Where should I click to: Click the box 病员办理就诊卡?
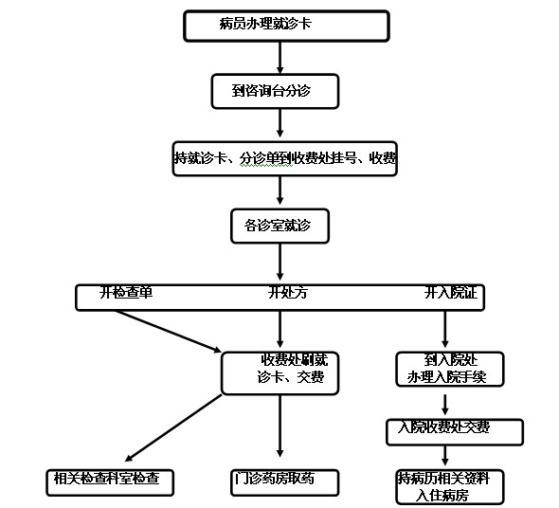coord(286,26)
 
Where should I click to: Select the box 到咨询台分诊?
coord(275,91)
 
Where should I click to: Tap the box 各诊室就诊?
coord(279,227)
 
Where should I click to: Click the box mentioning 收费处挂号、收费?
coord(285,159)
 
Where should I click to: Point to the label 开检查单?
coord(126,293)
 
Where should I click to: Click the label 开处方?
coord(288,293)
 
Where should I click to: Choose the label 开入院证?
coord(451,293)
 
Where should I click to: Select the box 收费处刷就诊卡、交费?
coord(279,373)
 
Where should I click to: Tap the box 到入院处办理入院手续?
coord(450,369)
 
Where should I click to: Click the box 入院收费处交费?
coord(455,432)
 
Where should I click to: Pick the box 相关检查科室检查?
coord(110,482)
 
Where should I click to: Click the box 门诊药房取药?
coord(284,482)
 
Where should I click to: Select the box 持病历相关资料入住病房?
coord(450,487)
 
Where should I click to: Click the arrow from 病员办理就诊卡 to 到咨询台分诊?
coord(279,58)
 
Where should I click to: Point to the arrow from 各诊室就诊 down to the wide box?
coord(279,263)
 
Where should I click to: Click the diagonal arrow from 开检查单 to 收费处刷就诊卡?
coord(169,332)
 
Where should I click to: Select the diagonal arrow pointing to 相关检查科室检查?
coord(173,428)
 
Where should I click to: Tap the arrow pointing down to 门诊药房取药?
coord(279,426)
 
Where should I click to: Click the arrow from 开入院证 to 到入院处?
coord(445,329)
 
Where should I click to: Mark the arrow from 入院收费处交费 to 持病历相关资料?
coord(445,456)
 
